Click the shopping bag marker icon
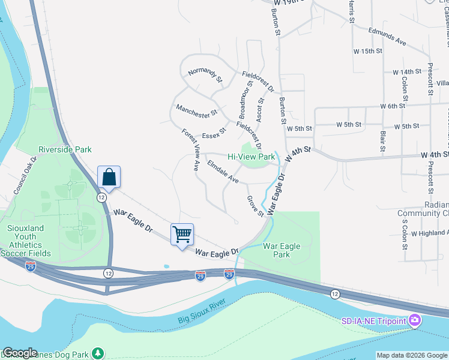coord(109,177)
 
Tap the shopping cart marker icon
coord(182,234)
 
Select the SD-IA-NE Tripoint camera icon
coord(414,321)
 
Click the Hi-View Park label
coord(250,157)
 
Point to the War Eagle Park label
coord(282,250)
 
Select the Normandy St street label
coord(205,74)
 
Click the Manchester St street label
coord(196,111)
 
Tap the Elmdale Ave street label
coord(223,172)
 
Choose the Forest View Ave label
coord(191,150)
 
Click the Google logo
coord(20,353)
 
